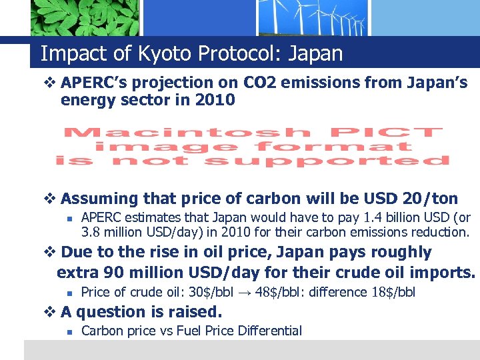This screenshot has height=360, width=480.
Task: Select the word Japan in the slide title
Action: [315, 53]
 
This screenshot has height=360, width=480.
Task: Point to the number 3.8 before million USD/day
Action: [91, 232]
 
